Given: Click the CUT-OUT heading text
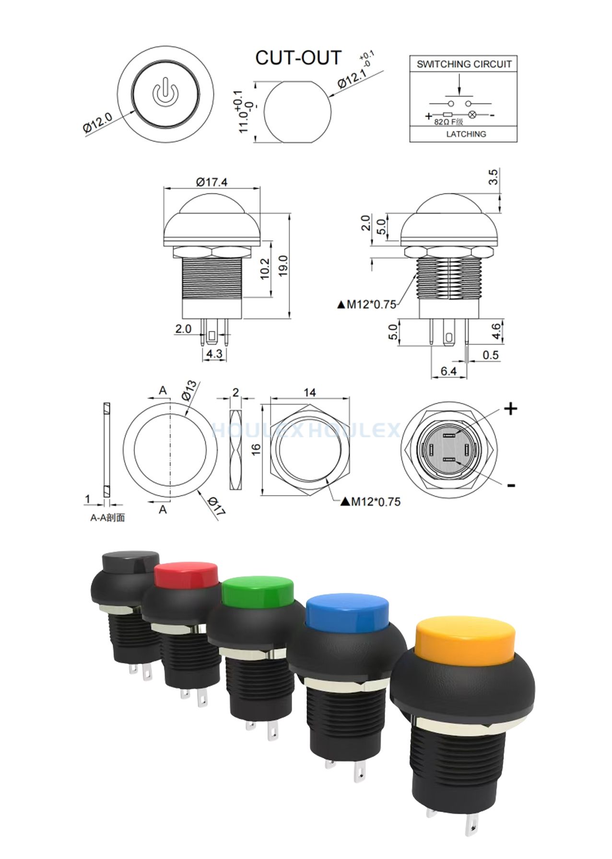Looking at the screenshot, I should tap(298, 58).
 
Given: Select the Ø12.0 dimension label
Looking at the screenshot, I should tap(98, 122).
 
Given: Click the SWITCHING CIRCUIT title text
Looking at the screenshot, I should tap(464, 64).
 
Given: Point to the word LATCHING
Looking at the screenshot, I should tap(466, 134).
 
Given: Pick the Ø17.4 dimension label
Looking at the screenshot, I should tap(212, 182).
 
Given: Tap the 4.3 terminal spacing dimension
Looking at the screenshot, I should tap(214, 354).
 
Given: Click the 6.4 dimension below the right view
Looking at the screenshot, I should tap(448, 371).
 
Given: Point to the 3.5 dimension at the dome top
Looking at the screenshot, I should tap(493, 177).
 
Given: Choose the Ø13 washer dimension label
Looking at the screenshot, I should tap(189, 391).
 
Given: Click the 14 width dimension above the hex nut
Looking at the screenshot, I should tap(310, 393).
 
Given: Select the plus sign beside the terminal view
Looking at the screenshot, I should tap(511, 409).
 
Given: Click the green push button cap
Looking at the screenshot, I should tap(258, 591).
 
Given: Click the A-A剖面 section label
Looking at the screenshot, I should tap(108, 518).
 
